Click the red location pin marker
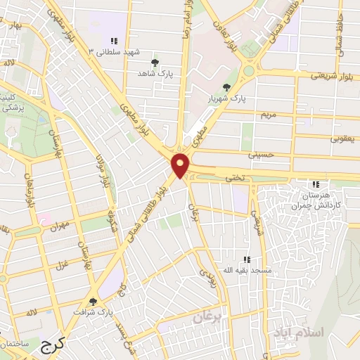(x=181, y=165)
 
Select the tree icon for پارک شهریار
(x=226, y=87)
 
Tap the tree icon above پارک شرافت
(x=93, y=302)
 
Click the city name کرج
(x=51, y=345)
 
